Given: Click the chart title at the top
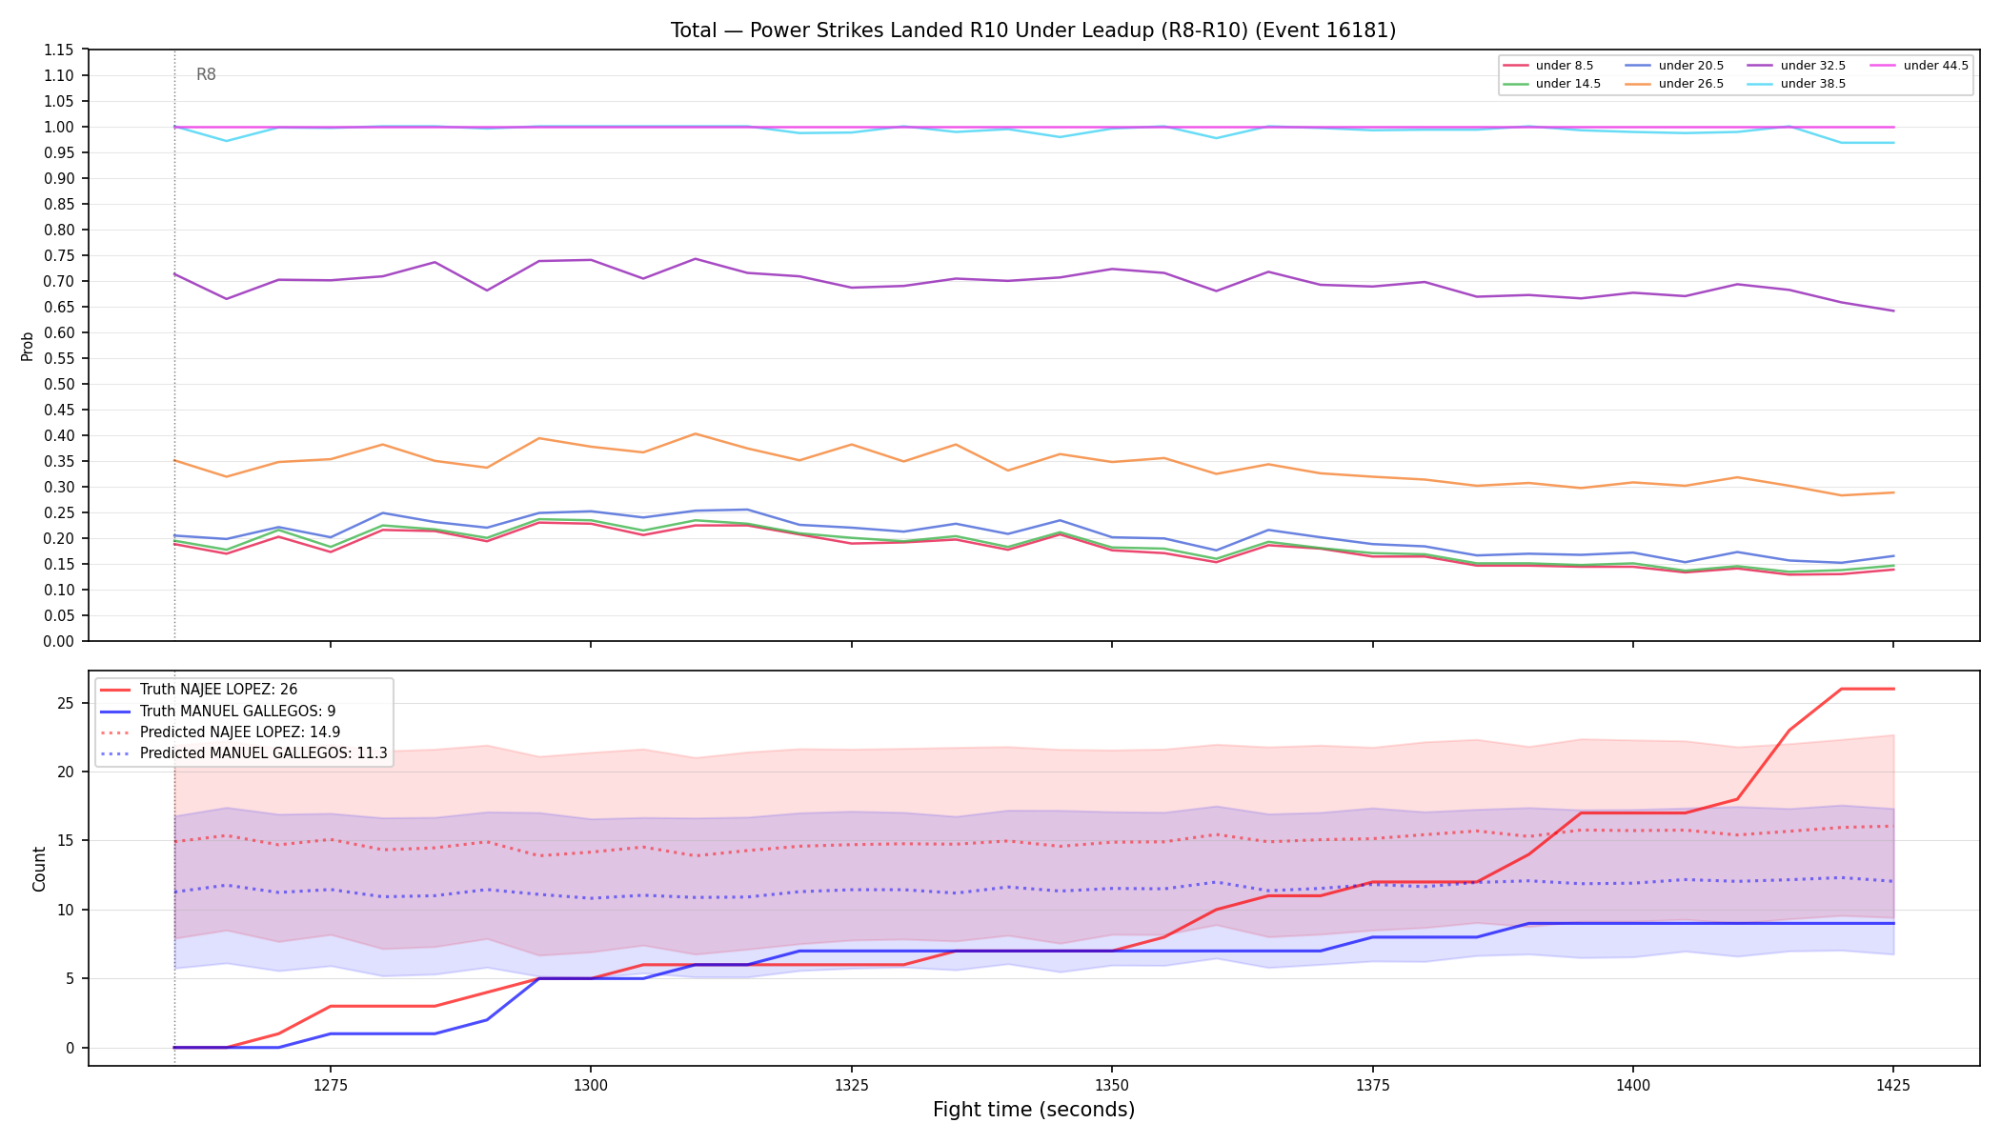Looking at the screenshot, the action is click(1033, 30).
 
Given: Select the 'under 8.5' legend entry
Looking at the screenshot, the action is click(1547, 66).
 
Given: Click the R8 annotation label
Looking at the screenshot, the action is click(206, 74).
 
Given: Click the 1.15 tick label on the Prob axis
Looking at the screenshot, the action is click(59, 50).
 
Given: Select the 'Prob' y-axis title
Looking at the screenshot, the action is click(28, 346).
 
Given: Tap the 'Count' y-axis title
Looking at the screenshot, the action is click(39, 869).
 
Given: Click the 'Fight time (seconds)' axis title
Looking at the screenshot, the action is click(1034, 1110).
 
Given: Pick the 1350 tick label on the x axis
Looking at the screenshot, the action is click(1112, 1084).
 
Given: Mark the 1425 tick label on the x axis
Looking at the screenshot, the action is click(1893, 1084).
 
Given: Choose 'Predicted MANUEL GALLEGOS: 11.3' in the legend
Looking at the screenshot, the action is click(243, 753).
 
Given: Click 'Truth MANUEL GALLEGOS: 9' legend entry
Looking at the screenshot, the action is click(217, 712).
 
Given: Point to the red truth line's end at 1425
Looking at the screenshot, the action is click(1893, 689).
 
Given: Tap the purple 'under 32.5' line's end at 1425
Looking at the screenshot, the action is click(1893, 311).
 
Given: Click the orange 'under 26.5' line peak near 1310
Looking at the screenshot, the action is click(696, 433).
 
